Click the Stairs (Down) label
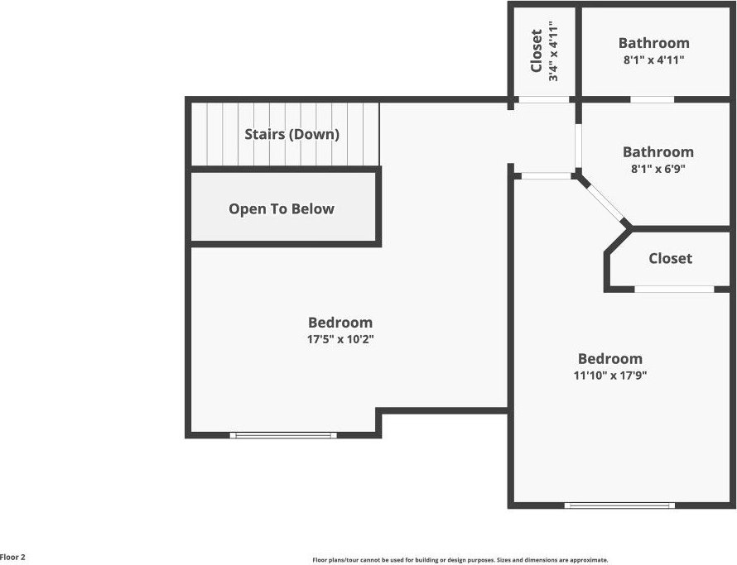tap(291, 134)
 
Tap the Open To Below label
tap(282, 208)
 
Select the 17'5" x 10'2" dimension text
tap(340, 339)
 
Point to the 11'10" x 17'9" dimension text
tap(610, 376)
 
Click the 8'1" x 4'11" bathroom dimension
tap(654, 60)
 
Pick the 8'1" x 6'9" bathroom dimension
tap(658, 169)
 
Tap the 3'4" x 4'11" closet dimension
tap(553, 51)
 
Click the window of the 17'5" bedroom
tap(283, 435)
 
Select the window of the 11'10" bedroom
tap(619, 505)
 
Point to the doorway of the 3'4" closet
tap(543, 99)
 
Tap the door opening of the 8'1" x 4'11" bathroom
tap(652, 99)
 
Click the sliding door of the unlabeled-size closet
tap(675, 289)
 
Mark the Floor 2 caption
tap(12, 558)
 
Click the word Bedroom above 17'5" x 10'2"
tap(340, 323)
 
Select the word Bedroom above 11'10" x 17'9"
tap(610, 359)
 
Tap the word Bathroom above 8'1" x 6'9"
tap(658, 152)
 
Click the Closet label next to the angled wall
tap(670, 258)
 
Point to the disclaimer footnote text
tap(460, 560)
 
